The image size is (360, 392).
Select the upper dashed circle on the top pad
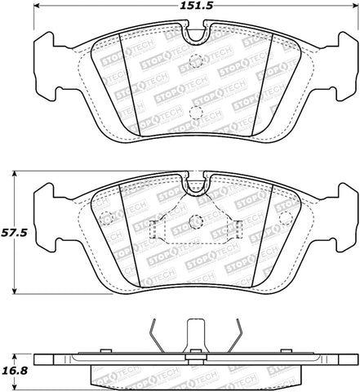[x=194, y=61]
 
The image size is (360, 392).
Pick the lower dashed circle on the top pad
[x=194, y=114]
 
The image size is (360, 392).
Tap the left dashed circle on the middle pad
[x=105, y=219]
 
